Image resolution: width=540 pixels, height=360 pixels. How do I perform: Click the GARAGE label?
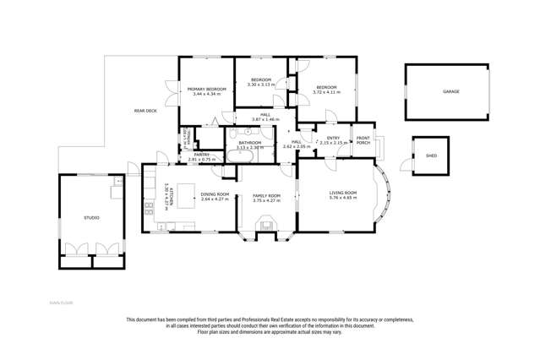click(451, 91)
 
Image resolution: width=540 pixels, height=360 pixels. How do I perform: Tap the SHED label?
click(431, 156)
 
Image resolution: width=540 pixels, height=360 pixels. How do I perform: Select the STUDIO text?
click(91, 217)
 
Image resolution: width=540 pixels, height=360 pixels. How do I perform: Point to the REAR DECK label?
click(145, 111)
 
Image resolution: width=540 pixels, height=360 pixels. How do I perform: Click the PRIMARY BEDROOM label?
click(206, 89)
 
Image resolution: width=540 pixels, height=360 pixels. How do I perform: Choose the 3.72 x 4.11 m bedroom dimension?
click(326, 91)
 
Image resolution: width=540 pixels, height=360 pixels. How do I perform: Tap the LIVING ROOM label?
click(342, 193)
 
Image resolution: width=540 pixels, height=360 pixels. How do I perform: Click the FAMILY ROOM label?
click(266, 194)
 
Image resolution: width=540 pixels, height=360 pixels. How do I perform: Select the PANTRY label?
click(201, 154)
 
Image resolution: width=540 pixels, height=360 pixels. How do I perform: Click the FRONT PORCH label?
click(363, 140)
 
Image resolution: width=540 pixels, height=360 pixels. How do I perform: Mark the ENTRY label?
click(333, 138)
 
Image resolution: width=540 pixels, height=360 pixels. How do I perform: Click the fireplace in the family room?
click(267, 225)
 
